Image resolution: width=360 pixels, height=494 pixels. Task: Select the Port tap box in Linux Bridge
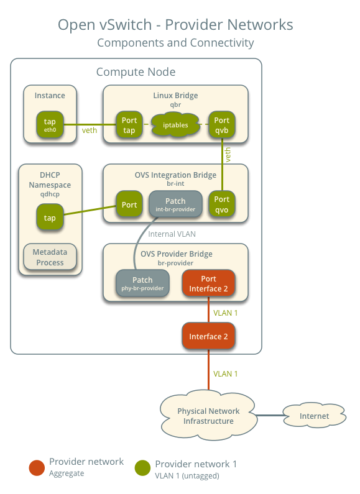point(129,125)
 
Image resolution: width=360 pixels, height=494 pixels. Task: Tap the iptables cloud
point(175,125)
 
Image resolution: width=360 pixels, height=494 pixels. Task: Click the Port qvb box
point(221,125)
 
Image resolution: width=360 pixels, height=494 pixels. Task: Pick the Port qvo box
point(221,204)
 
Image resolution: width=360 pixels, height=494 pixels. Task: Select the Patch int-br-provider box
point(175,204)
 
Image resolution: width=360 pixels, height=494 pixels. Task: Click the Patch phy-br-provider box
point(142,283)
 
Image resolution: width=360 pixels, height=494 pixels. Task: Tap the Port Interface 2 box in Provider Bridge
point(208,283)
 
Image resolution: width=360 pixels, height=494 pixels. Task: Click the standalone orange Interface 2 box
point(208,336)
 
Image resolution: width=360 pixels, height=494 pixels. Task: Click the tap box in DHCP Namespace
point(50,217)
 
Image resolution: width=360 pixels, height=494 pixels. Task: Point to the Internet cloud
point(315,416)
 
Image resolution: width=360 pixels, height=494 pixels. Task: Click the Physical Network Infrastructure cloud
point(208,416)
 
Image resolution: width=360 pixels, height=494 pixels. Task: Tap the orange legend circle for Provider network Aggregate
point(37,467)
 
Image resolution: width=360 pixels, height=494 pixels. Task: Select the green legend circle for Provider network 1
point(142,467)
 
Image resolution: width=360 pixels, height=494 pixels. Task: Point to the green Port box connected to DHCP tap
point(129,204)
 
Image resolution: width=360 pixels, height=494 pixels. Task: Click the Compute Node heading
point(136,72)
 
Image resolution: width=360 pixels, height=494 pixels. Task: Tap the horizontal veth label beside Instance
point(90,130)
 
